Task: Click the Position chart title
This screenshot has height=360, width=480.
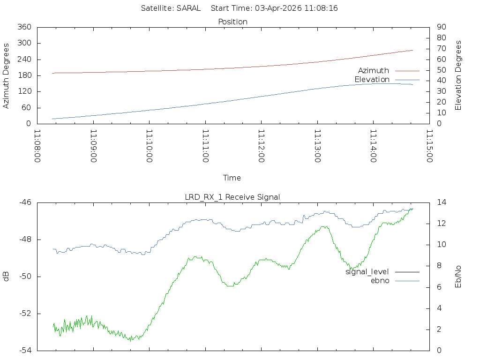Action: (233, 22)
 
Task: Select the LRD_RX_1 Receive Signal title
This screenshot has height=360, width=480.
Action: (232, 197)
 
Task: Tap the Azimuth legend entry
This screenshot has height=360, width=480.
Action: (374, 70)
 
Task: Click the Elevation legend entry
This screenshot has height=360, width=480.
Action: (372, 80)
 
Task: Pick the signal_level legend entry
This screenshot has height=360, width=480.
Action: (367, 272)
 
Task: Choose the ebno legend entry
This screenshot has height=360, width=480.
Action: (380, 280)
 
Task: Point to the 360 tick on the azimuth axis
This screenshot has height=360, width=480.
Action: (24, 27)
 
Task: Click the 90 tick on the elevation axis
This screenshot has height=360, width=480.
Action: (441, 27)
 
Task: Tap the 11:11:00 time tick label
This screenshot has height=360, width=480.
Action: (205, 146)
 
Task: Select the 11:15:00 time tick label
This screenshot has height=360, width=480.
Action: (428, 146)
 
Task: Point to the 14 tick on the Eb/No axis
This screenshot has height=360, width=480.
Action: (441, 202)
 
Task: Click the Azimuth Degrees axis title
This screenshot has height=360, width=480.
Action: (6, 75)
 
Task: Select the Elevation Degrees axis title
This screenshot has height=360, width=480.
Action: (458, 75)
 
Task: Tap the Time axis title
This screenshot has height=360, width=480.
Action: (232, 178)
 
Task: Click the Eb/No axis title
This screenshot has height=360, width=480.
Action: (458, 277)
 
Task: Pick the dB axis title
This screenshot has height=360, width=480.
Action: (6, 277)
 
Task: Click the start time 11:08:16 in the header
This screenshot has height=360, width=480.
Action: (320, 8)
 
